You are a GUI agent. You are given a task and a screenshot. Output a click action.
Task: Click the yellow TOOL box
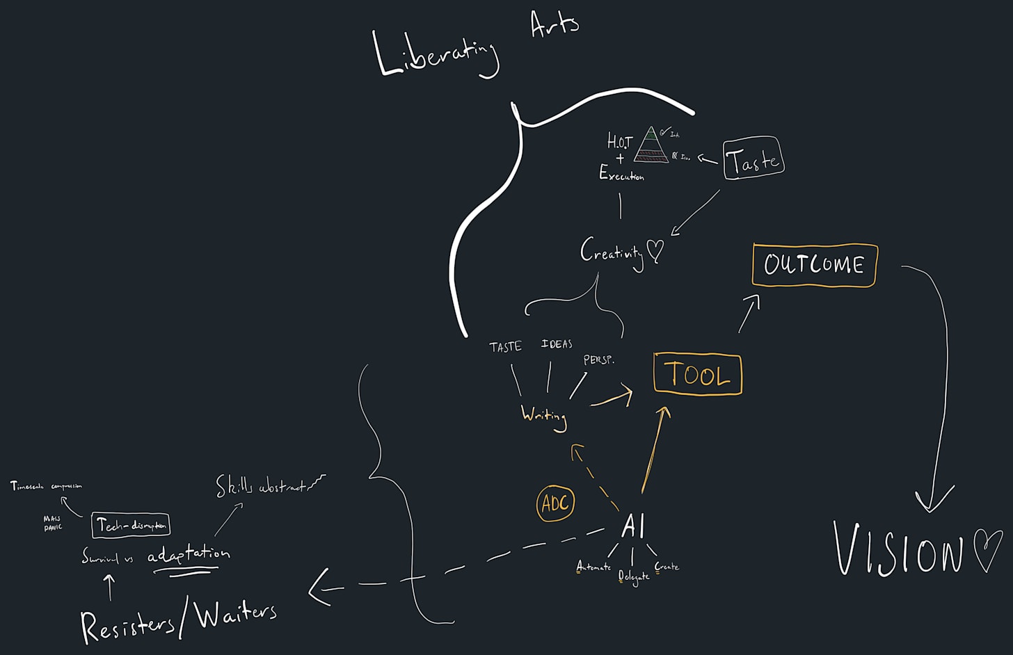[x=698, y=375]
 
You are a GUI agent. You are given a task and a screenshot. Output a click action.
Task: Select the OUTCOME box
[x=814, y=265]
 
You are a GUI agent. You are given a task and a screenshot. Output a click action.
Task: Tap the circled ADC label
[x=555, y=503]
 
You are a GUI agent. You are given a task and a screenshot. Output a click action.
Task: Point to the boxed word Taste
[x=753, y=159]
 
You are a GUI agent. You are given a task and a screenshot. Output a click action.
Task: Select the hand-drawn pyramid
[x=651, y=145]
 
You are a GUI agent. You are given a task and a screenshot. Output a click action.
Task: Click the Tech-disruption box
[x=131, y=526]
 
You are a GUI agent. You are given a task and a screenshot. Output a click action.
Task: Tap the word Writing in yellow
[x=544, y=416]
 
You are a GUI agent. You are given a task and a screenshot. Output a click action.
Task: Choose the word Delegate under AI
[x=634, y=576]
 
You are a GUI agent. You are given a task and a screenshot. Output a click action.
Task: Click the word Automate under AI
[x=593, y=567]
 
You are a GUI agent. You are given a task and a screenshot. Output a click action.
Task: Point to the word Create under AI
[x=667, y=567]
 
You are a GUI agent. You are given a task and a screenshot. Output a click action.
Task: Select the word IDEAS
[x=557, y=343]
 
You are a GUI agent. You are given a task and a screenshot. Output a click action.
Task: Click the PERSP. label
[x=598, y=360]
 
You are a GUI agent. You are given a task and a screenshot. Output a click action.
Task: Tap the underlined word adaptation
[x=189, y=554]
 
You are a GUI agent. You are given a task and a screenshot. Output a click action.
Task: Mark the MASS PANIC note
[x=52, y=523]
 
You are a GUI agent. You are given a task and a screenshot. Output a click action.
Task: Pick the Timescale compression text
[x=46, y=486]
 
